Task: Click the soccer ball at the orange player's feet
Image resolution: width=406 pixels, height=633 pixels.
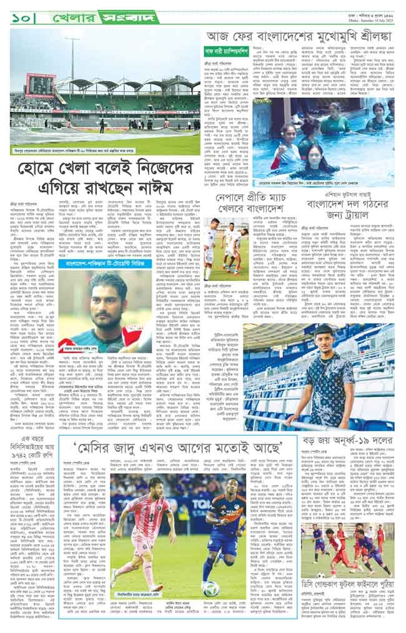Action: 224,589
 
